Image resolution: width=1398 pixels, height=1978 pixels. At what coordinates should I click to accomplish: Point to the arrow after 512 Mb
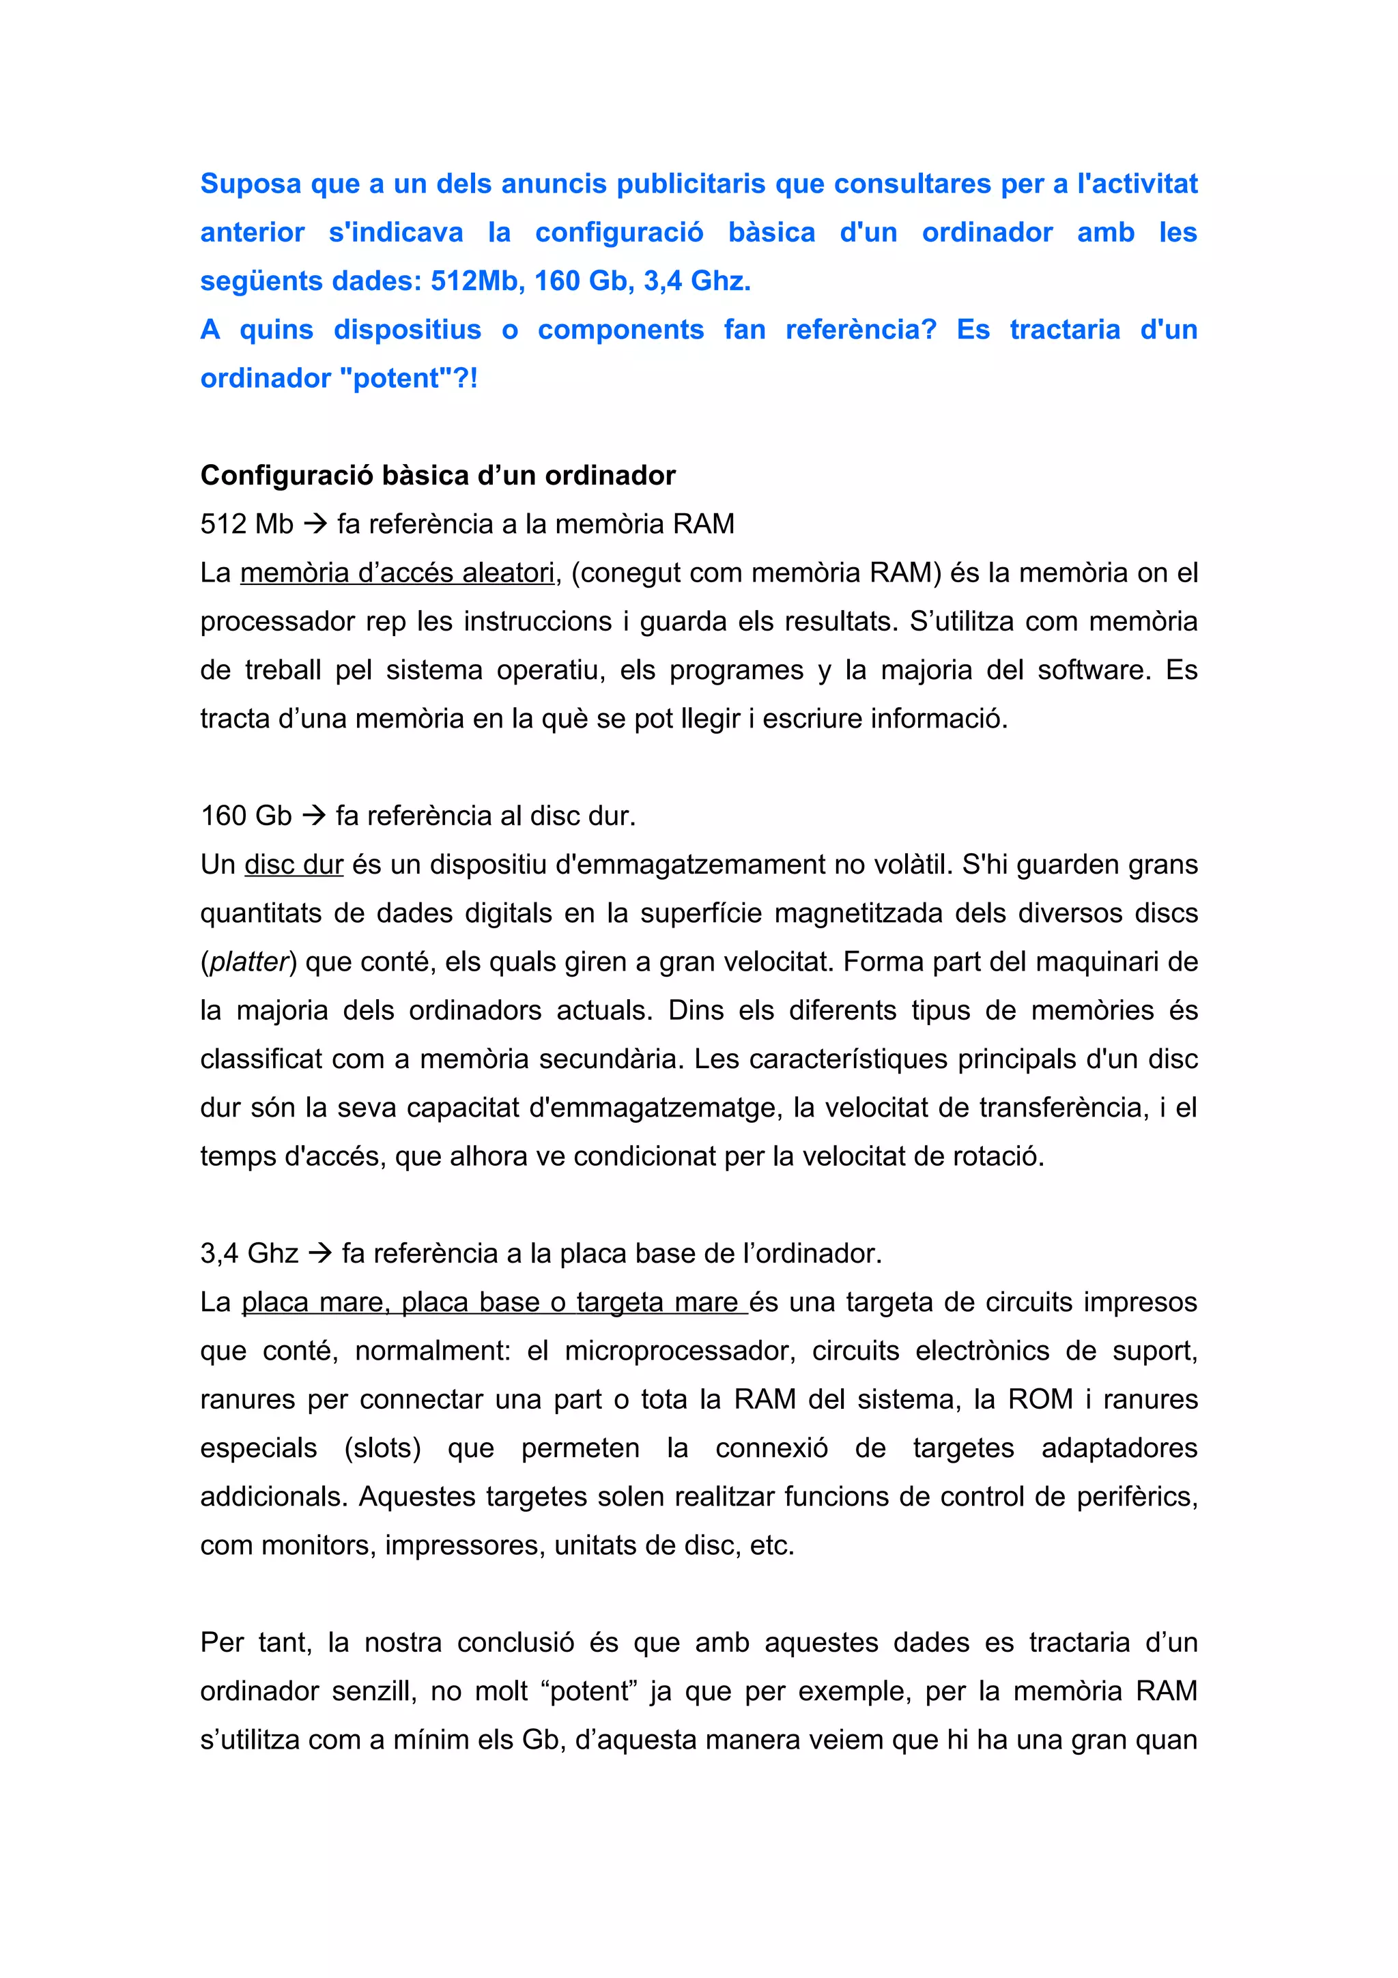(315, 524)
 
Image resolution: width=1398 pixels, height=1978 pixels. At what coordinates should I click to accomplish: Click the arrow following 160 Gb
(313, 815)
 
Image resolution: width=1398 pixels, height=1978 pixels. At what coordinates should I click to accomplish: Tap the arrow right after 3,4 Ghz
(319, 1252)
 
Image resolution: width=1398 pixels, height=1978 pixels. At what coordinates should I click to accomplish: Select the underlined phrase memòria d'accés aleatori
(397, 572)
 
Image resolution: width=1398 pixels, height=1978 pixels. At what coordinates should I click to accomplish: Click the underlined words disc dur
(294, 864)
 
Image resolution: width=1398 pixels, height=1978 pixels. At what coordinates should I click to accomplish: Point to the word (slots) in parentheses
(382, 1447)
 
